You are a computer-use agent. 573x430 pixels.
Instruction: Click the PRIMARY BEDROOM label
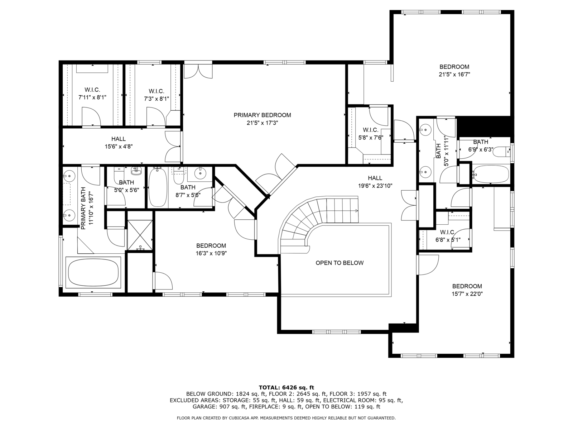click(x=262, y=115)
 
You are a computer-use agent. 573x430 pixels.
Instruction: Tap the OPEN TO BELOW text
click(x=340, y=263)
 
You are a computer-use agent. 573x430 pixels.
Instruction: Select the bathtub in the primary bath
click(x=93, y=273)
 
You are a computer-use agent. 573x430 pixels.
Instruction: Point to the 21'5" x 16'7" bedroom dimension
click(x=454, y=75)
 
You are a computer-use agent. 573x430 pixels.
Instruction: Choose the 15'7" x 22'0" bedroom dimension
click(x=467, y=294)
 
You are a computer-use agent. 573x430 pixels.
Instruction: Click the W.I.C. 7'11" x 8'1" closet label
click(x=92, y=94)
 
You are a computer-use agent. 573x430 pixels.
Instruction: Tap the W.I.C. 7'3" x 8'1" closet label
click(x=157, y=95)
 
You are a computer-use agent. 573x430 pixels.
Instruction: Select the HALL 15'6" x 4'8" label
click(x=119, y=143)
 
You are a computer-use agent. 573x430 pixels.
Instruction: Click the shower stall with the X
click(x=140, y=235)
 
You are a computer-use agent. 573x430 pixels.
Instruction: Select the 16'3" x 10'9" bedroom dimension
click(x=211, y=253)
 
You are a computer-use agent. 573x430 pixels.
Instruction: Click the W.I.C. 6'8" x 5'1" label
click(x=448, y=236)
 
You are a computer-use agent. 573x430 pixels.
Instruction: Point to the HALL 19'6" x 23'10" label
click(x=375, y=182)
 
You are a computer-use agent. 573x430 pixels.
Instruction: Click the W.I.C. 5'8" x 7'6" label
click(x=370, y=134)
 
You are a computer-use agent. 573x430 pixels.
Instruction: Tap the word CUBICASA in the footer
click(x=239, y=418)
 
